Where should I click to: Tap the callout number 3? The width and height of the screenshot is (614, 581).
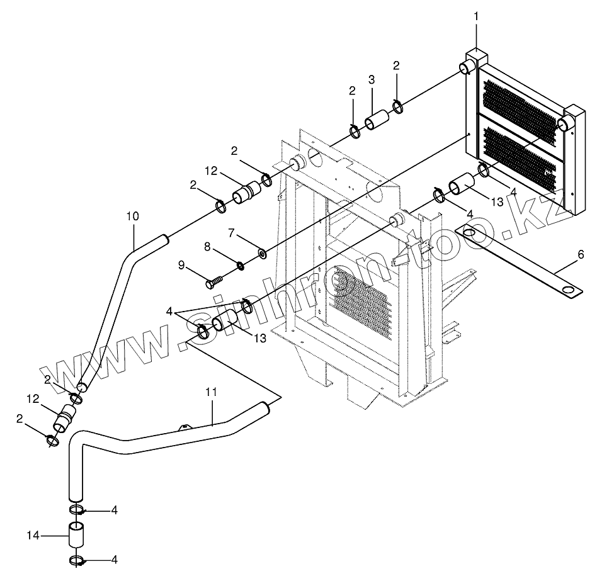(372, 79)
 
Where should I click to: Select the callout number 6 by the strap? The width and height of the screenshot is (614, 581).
(581, 254)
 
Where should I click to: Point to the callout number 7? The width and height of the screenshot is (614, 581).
(231, 234)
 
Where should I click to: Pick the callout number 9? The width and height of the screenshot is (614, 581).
(182, 266)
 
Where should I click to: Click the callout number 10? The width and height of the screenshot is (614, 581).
(132, 217)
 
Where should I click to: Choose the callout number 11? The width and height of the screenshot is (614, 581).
(211, 392)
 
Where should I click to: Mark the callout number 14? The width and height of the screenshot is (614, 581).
(33, 536)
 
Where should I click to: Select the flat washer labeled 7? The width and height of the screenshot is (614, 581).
(261, 255)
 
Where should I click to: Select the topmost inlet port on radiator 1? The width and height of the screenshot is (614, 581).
(469, 67)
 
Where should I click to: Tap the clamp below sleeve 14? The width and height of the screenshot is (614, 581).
(76, 560)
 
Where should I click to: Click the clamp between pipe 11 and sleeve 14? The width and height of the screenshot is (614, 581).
(76, 509)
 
